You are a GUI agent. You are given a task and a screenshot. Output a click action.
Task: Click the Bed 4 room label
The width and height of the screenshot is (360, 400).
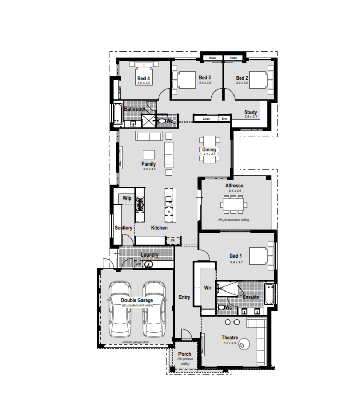point(143,78)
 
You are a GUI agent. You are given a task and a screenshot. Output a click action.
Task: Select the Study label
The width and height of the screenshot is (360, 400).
point(250,112)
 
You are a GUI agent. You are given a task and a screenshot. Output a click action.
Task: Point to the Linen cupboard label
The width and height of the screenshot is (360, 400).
point(206,119)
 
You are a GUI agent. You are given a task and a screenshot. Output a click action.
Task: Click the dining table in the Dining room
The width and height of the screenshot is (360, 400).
point(209,149)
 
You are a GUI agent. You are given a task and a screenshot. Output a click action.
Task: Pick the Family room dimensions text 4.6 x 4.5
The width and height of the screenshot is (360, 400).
point(149,169)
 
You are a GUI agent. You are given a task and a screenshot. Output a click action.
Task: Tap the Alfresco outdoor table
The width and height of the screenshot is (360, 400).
point(234,206)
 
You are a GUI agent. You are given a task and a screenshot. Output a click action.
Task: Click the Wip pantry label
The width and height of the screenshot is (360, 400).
point(127,198)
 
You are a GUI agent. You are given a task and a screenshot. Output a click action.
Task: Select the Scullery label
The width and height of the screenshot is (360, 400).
point(123,228)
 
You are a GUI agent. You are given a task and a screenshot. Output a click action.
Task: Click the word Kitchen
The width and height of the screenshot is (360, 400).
point(159,228)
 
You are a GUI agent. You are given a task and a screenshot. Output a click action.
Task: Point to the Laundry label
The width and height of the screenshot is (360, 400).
point(149,255)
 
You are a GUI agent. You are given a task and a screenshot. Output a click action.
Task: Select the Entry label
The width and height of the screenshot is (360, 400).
point(184,297)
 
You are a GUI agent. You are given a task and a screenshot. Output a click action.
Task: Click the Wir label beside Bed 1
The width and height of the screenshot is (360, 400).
point(208,288)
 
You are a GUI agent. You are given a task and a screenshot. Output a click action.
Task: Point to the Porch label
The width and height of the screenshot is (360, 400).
point(184,354)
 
